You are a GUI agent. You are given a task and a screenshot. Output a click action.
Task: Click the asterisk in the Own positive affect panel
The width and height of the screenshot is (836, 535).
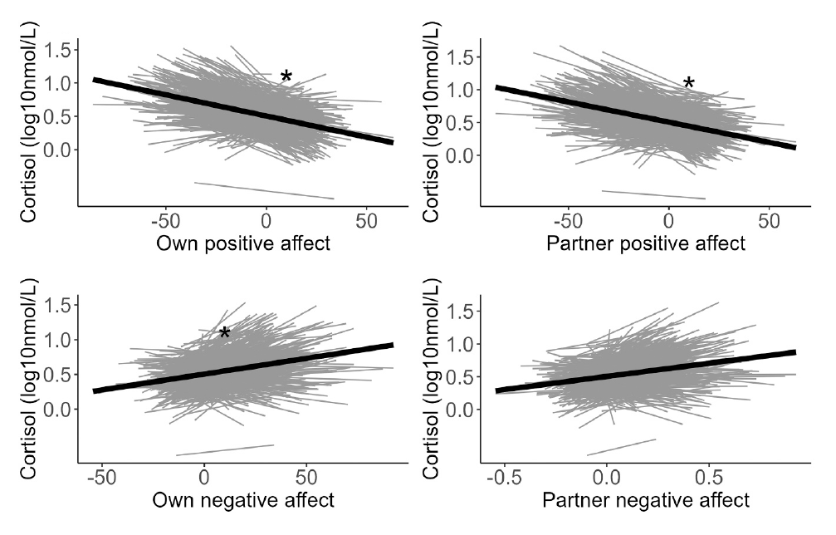pos(286,77)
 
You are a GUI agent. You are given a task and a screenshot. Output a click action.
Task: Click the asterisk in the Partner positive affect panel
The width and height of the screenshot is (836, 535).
pos(688,83)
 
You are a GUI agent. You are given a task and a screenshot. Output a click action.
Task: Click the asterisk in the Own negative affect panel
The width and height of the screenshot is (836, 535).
pos(224,334)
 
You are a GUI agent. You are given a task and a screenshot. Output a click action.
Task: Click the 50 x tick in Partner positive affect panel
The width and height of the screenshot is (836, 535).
pos(769,222)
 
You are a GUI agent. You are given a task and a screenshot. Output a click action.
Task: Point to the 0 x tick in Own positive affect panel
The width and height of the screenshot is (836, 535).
pos(266,222)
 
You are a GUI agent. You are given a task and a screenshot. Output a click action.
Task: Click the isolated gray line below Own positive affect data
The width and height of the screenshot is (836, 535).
pos(264,190)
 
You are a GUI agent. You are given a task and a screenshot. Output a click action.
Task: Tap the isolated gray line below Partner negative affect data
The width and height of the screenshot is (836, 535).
pos(621,447)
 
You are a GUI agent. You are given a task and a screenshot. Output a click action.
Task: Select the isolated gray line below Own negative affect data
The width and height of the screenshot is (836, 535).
pos(224,449)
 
